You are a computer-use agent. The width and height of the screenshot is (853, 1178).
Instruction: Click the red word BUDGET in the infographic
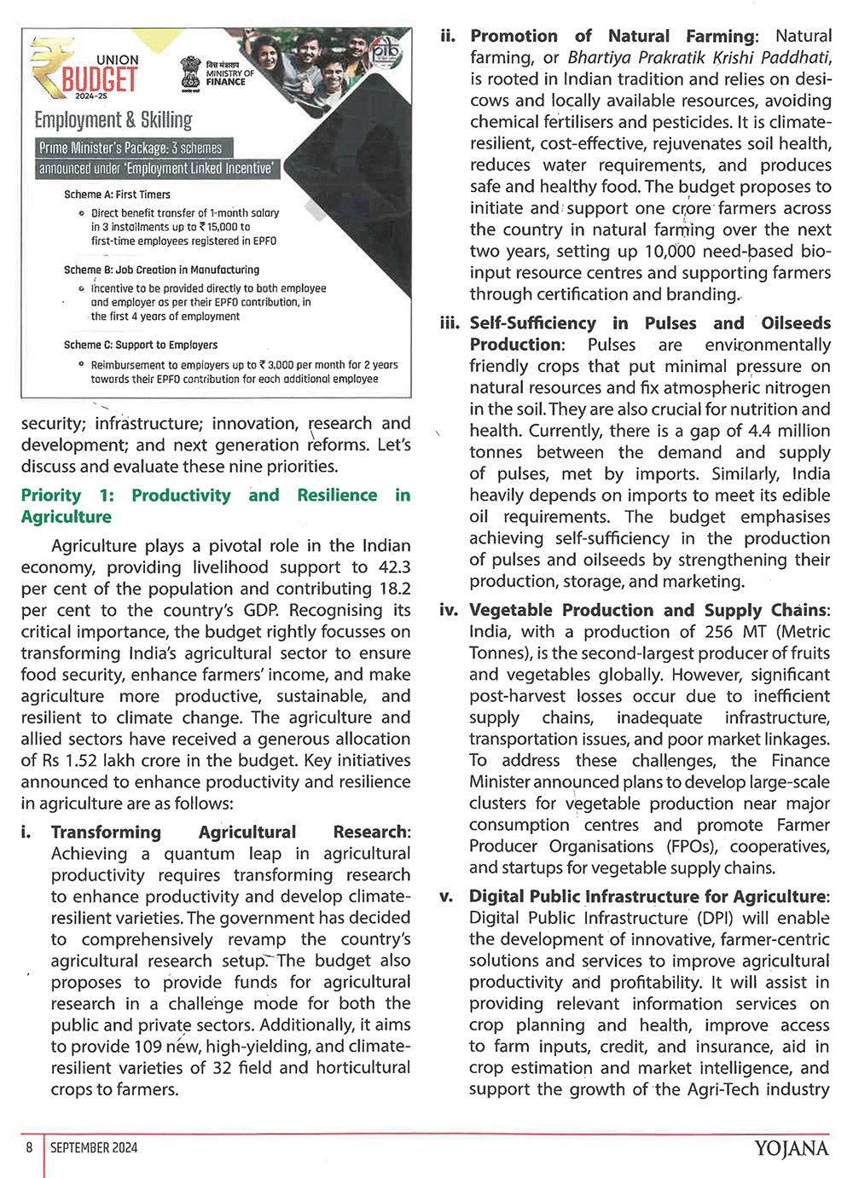click(x=99, y=80)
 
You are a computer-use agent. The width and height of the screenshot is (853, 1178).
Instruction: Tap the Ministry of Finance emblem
click(x=191, y=72)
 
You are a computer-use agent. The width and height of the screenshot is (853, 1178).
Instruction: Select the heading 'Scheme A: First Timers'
click(x=117, y=194)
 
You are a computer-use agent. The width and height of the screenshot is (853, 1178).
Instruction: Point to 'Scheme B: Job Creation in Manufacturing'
click(x=161, y=270)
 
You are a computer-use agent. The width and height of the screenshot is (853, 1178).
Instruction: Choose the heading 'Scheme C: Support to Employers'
click(x=140, y=345)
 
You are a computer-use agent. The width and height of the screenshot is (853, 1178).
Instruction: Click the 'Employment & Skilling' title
click(x=113, y=119)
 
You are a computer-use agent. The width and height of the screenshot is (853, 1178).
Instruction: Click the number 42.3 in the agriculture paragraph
click(x=394, y=567)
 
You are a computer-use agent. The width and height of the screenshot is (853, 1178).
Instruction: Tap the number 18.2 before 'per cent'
click(x=394, y=589)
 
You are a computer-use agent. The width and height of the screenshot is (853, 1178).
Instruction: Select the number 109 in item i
click(x=148, y=1046)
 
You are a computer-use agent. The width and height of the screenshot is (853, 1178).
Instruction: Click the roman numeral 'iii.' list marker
click(x=450, y=323)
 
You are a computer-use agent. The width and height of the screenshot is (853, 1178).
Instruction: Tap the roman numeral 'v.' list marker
click(x=446, y=897)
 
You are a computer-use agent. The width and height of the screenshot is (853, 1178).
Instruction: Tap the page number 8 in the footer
click(x=29, y=1147)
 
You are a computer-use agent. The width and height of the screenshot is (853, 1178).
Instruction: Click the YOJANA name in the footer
click(x=791, y=1149)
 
